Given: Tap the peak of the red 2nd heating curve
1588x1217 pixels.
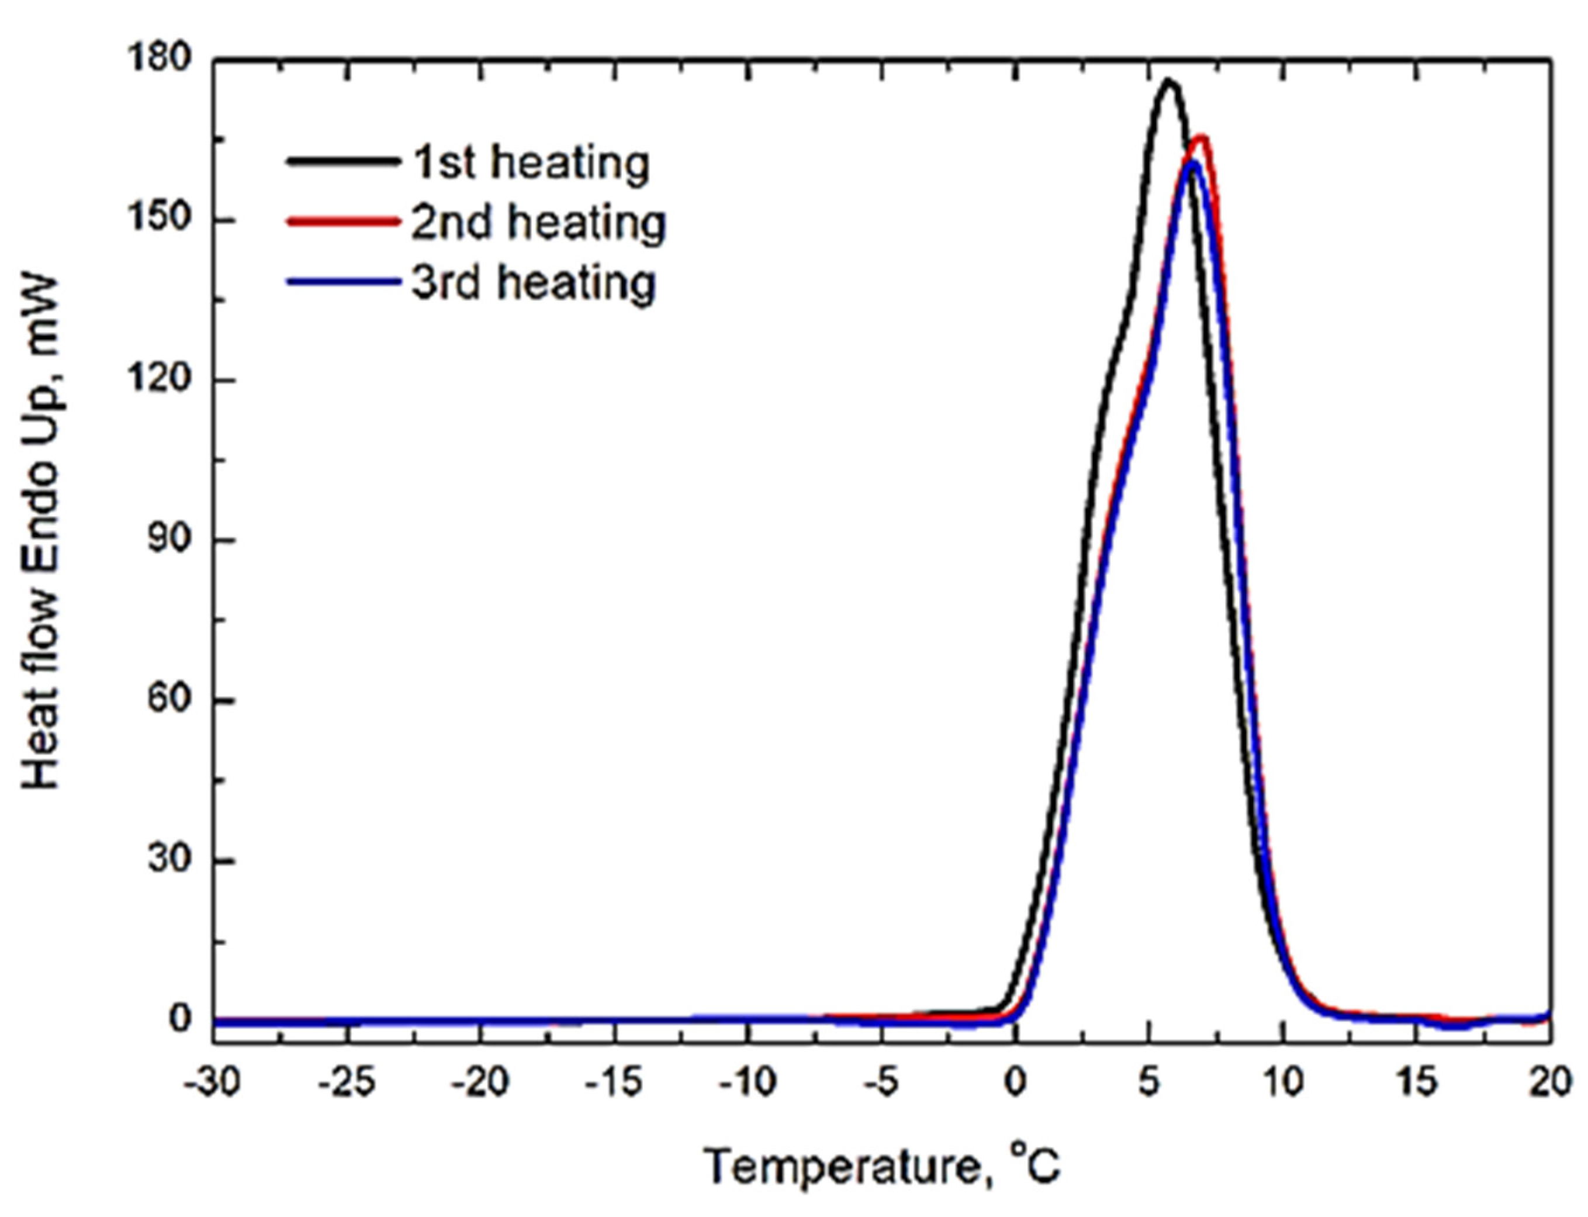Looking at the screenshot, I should [x=1200, y=137].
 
